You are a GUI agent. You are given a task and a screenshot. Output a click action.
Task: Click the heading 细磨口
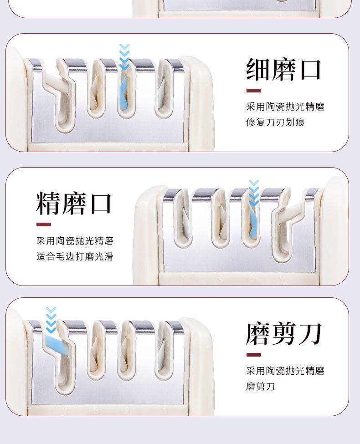click(284, 70)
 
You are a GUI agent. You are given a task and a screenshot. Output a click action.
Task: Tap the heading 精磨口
click(74, 203)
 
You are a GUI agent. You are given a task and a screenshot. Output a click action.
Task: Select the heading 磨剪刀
click(284, 334)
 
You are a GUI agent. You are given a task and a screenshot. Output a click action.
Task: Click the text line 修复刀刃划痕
click(275, 122)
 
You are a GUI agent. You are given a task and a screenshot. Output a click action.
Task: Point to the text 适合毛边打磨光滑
click(75, 256)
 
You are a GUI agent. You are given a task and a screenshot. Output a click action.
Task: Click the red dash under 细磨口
click(253, 91)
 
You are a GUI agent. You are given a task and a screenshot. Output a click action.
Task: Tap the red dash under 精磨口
click(44, 225)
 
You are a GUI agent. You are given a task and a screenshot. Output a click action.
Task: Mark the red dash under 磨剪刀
click(253, 355)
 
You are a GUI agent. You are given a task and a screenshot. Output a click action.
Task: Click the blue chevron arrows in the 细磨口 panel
click(124, 56)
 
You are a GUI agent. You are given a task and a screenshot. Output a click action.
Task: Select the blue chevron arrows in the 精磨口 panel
click(254, 192)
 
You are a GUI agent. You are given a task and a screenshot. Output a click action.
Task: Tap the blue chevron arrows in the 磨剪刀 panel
click(51, 320)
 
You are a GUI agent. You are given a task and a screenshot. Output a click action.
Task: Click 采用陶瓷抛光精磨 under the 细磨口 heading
click(285, 107)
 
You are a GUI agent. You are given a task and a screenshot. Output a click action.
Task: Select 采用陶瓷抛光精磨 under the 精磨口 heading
click(75, 241)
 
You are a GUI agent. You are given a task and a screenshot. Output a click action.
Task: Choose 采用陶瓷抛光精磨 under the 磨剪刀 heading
click(285, 371)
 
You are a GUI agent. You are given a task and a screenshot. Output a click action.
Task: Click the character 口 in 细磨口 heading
click(310, 70)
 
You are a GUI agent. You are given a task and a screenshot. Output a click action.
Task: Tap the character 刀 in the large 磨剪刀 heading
click(310, 334)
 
